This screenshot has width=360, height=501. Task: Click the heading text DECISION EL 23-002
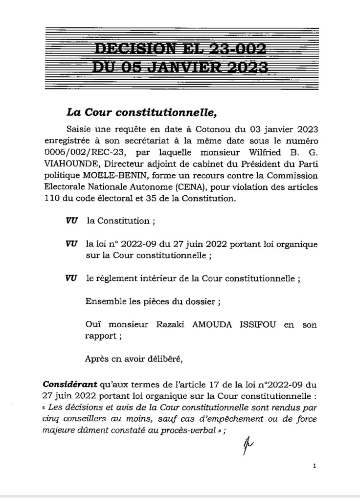180,48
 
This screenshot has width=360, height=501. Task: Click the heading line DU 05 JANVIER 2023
180,67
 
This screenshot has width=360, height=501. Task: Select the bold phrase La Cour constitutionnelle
141,112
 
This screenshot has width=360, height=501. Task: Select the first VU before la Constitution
70,221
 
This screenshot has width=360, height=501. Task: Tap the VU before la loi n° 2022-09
70,243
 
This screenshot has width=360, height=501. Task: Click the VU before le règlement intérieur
70,278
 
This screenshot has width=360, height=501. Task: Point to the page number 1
314,466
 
